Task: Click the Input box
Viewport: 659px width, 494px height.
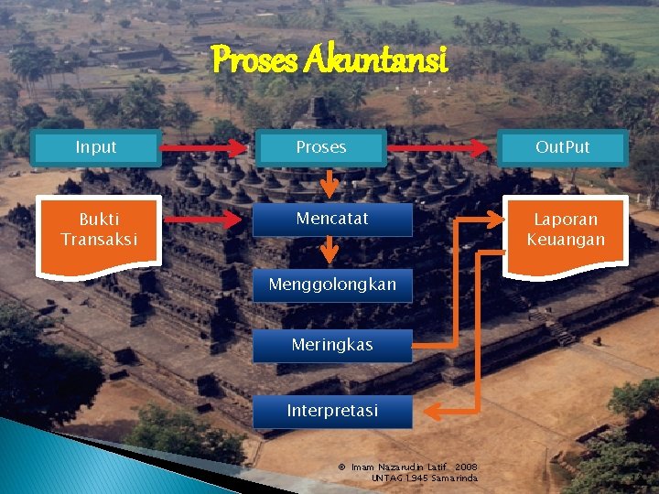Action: click(96, 147)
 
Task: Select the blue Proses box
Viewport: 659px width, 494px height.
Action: click(320, 147)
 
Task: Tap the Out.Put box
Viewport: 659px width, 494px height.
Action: click(562, 147)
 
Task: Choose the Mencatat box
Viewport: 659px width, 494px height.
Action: click(332, 220)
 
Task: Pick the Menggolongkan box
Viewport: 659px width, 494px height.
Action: click(332, 285)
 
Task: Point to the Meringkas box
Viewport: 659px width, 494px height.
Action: click(332, 346)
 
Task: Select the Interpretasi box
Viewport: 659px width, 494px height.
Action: click(332, 411)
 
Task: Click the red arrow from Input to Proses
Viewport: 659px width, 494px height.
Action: click(207, 147)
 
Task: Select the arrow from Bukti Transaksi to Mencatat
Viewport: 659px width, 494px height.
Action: click(207, 220)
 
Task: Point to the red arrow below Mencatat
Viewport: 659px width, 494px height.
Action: click(332, 250)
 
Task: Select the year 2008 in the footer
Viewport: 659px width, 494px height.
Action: click(466, 467)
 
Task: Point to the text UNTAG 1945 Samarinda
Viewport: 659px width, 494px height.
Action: click(424, 478)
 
